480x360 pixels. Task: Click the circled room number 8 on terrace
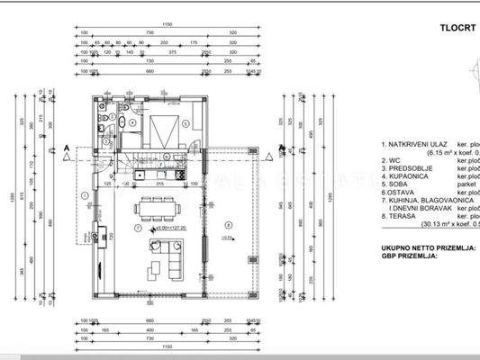click(228, 224)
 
